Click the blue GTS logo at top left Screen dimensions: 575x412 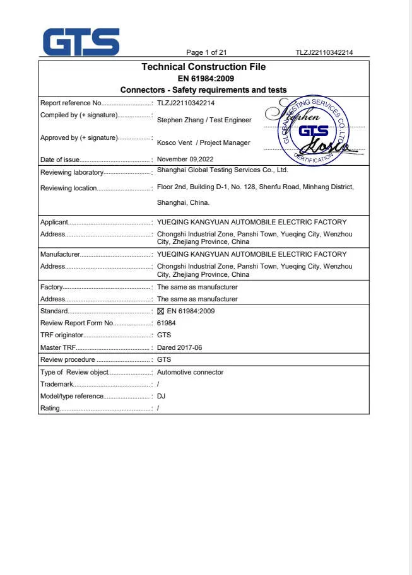81,42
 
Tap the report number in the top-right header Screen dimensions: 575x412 324,52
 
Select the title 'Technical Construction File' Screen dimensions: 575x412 203,67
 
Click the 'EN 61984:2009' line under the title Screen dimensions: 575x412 203,78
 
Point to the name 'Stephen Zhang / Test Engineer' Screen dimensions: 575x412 204,120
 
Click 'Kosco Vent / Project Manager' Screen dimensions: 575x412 203,142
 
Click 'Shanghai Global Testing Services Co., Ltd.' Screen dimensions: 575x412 222,170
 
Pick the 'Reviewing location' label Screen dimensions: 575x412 69,188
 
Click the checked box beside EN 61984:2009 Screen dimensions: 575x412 160,311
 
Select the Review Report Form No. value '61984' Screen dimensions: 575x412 166,323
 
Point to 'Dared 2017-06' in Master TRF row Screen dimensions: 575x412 179,347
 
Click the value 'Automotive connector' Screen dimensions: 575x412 190,372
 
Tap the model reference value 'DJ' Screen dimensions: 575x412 161,396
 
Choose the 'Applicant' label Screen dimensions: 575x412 54,222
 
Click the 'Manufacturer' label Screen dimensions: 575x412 61,254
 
